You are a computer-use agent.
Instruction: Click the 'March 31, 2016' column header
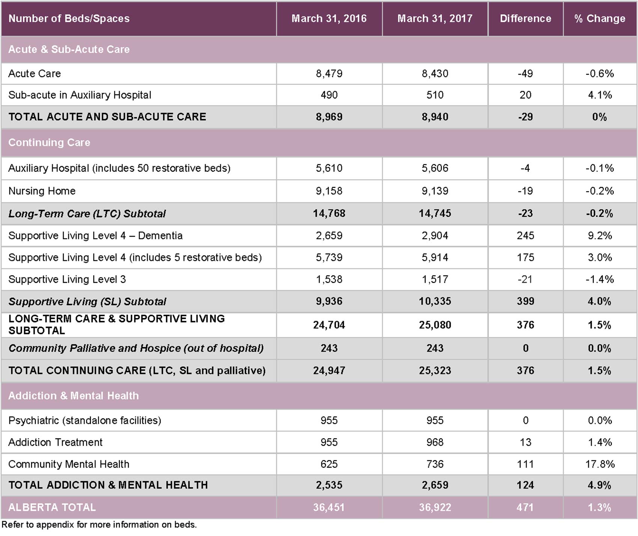[x=329, y=19]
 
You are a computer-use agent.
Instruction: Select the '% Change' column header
[x=600, y=19]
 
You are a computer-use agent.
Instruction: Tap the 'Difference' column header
[x=525, y=19]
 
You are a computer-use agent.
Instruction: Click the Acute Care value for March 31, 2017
[x=435, y=74]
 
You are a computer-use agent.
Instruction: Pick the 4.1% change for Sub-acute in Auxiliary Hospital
[x=600, y=95]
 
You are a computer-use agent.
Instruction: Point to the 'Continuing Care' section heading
[x=49, y=143]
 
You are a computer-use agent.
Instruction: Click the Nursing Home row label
[x=42, y=191]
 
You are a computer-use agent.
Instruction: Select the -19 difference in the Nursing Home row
[x=525, y=191]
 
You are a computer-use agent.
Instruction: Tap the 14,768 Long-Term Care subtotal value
[x=329, y=213]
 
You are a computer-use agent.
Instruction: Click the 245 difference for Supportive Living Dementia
[x=525, y=236]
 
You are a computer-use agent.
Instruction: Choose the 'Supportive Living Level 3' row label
[x=67, y=279]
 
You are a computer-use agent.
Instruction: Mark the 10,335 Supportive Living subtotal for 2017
[x=435, y=301]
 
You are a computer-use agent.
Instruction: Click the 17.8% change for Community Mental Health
[x=600, y=464]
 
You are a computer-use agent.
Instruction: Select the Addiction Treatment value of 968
[x=435, y=442]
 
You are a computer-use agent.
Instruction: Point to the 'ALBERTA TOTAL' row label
[x=52, y=507]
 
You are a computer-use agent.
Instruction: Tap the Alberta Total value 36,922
[x=435, y=507]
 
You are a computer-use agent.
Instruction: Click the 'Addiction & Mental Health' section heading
[x=74, y=396]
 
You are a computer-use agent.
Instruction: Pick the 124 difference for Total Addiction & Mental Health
[x=525, y=485]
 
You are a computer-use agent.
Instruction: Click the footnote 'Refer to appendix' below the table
[x=99, y=525]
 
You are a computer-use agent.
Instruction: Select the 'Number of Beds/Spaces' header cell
[x=69, y=19]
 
